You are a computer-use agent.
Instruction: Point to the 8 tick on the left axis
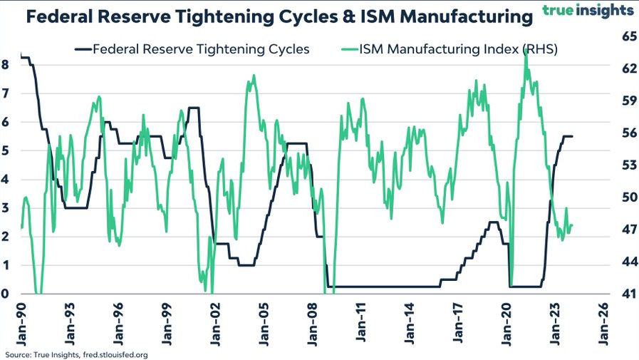pyautogui.click(x=5, y=64)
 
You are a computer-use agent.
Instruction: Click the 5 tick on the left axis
pyautogui.click(x=5, y=150)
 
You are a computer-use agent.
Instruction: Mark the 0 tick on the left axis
pyautogui.click(x=5, y=294)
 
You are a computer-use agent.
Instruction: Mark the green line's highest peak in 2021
pyautogui.click(x=525, y=53)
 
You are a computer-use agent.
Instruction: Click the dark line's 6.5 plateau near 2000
pyautogui.click(x=194, y=108)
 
